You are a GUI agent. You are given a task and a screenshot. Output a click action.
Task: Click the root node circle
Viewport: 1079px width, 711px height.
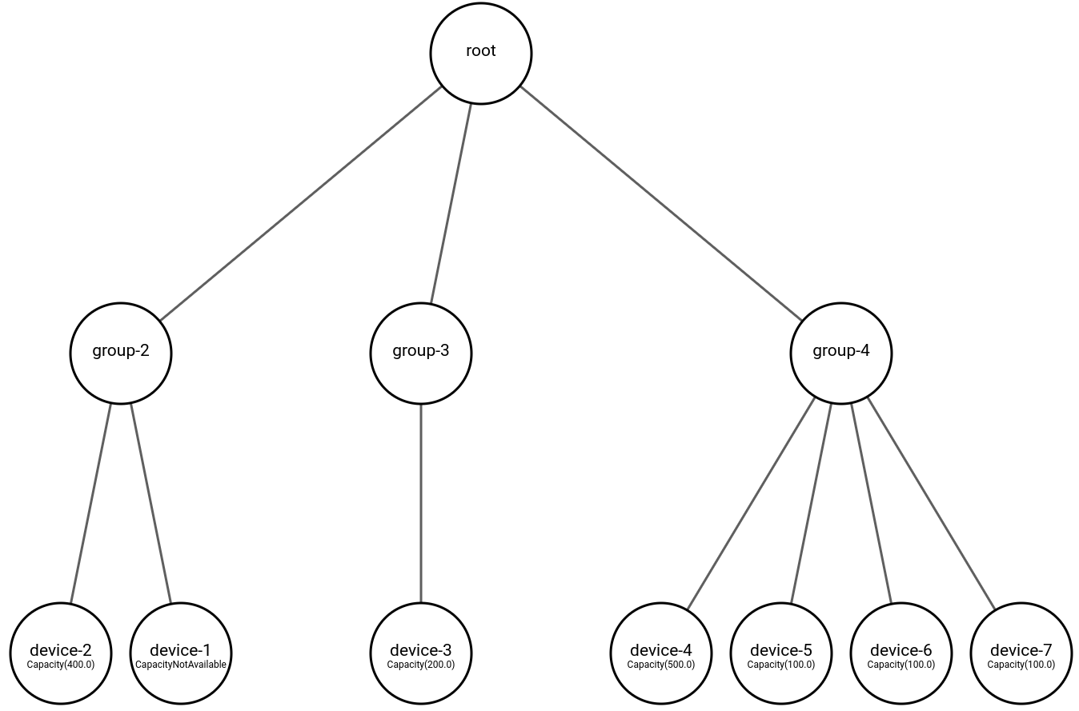pos(480,53)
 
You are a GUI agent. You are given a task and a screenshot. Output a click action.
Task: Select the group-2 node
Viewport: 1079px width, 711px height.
pos(121,353)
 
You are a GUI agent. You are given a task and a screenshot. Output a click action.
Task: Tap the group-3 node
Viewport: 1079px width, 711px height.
pos(421,353)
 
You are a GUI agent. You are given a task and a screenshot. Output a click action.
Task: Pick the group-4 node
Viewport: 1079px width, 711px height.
pos(840,353)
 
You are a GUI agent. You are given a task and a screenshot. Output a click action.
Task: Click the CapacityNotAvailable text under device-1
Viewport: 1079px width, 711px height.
pos(181,665)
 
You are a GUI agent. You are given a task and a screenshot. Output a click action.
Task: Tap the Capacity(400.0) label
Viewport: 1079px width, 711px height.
pos(61,665)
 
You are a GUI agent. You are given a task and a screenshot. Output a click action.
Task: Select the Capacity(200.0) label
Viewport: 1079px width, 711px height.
pos(421,665)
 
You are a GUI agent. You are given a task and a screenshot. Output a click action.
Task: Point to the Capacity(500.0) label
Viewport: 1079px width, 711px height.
pos(661,665)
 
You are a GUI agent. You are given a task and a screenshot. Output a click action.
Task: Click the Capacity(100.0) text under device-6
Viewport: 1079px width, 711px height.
pos(901,665)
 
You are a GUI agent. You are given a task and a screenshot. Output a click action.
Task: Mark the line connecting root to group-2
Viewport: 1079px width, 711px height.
pos(300,203)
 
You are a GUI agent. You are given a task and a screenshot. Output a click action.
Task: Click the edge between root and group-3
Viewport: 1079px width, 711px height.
pos(451,203)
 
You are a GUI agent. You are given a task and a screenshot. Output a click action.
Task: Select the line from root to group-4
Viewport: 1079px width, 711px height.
pos(660,203)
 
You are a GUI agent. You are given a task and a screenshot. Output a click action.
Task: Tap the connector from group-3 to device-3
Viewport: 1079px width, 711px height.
pos(421,503)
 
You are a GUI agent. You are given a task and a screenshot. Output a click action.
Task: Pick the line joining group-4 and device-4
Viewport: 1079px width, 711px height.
pos(751,503)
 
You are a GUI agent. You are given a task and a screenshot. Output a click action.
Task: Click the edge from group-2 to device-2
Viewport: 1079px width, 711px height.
pos(90,503)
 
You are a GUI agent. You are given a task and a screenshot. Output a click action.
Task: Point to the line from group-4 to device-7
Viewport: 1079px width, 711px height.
pos(931,503)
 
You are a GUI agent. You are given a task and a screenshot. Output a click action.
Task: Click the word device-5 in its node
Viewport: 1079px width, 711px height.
pos(781,650)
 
